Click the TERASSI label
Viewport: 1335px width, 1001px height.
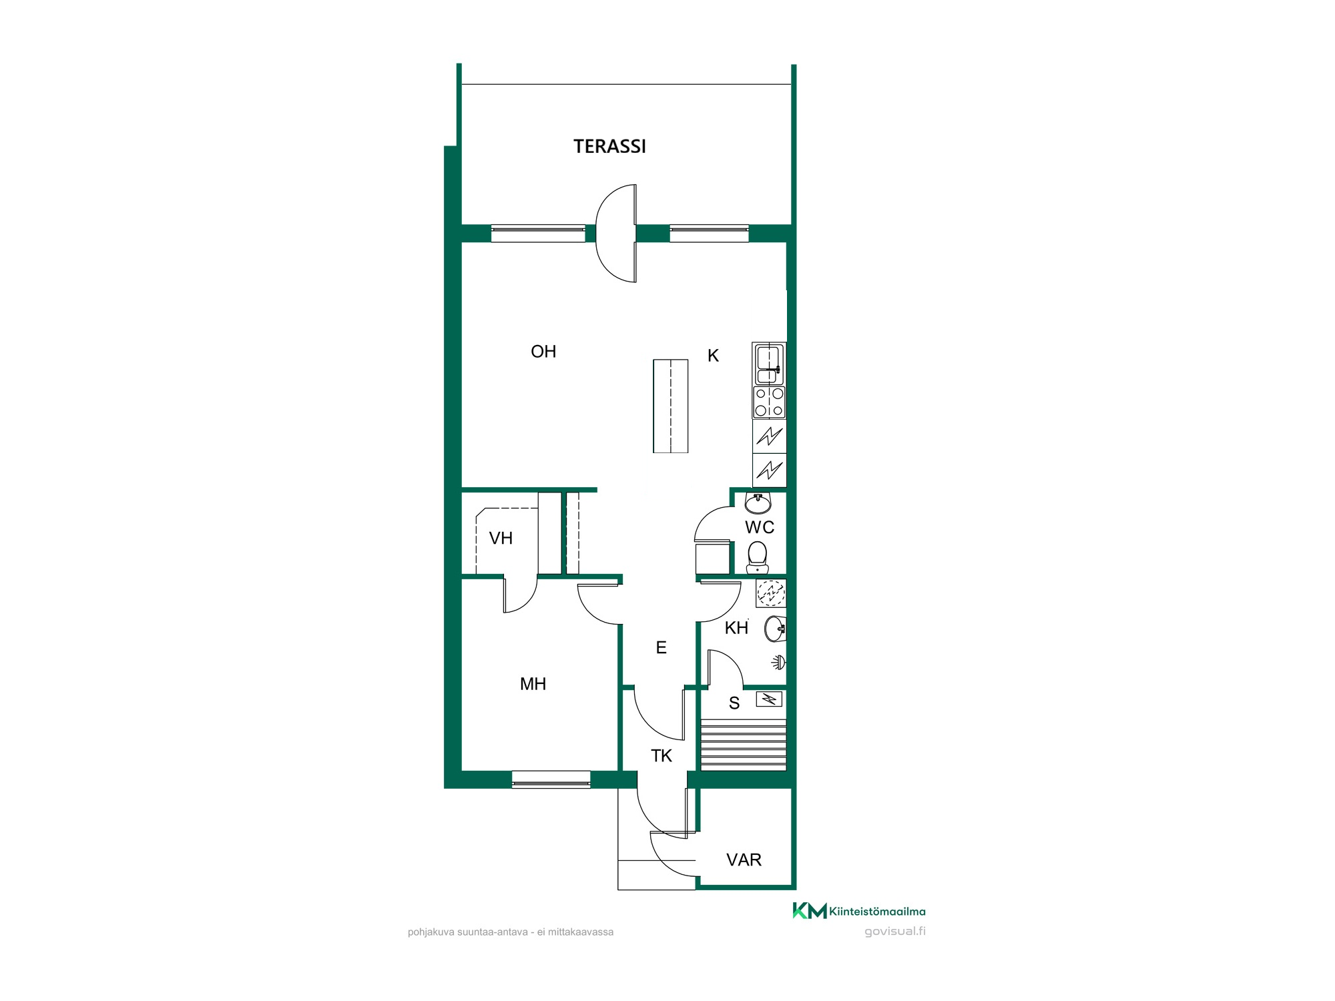609,146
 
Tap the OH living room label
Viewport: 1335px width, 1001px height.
543,352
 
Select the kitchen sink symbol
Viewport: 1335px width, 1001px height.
769,364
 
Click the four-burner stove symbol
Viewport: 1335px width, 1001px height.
769,402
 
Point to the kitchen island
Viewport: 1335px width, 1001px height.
670,406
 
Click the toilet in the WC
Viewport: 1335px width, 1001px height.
757,558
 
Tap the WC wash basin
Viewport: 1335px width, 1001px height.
758,503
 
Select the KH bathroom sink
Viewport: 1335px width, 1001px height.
775,629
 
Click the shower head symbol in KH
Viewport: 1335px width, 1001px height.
779,663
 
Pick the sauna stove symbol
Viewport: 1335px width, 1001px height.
769,699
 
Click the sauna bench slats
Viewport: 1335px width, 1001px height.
743,745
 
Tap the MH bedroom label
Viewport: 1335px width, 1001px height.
533,684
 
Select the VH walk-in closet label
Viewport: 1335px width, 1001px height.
501,538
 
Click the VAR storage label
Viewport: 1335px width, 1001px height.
744,860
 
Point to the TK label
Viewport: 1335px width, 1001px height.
661,756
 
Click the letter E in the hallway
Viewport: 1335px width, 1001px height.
661,647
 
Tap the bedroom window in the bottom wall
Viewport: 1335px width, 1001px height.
551,779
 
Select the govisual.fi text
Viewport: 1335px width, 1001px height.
895,932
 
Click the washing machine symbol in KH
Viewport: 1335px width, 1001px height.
771,593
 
